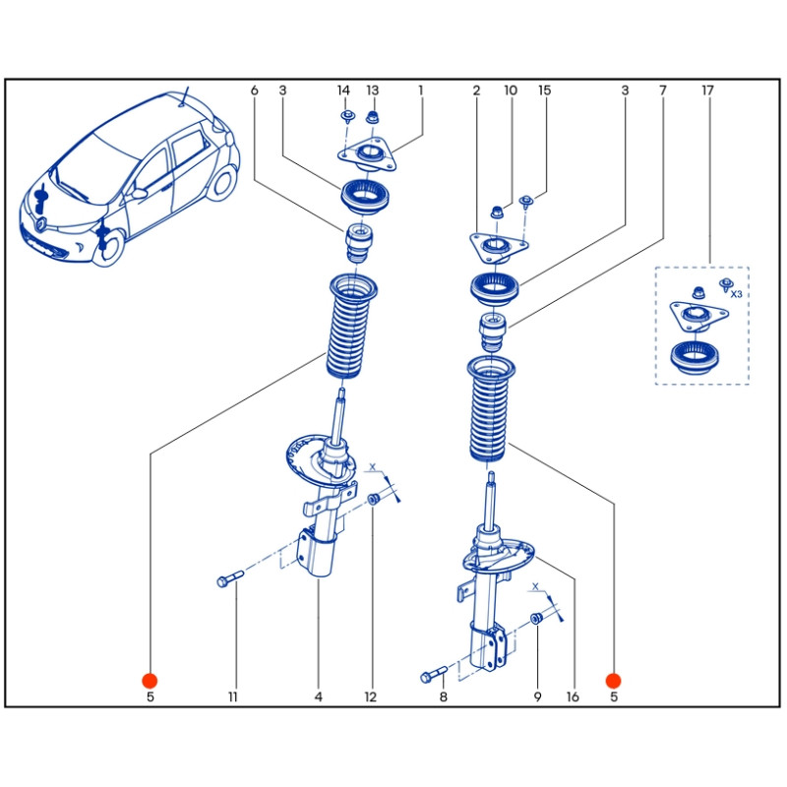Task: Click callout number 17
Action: pyautogui.click(x=706, y=91)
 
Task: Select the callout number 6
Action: pyautogui.click(x=254, y=91)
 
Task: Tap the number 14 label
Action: pyautogui.click(x=343, y=91)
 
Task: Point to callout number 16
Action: pyautogui.click(x=573, y=697)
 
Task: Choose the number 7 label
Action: pyautogui.click(x=663, y=91)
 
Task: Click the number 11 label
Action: pyautogui.click(x=234, y=697)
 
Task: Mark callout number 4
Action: pyautogui.click(x=319, y=697)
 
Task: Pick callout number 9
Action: pyautogui.click(x=538, y=697)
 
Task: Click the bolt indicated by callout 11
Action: pyautogui.click(x=227, y=581)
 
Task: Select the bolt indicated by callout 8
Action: pyautogui.click(x=434, y=676)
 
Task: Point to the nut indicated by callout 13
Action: pyautogui.click(x=372, y=120)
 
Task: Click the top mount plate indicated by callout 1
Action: pyautogui.click(x=372, y=154)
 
